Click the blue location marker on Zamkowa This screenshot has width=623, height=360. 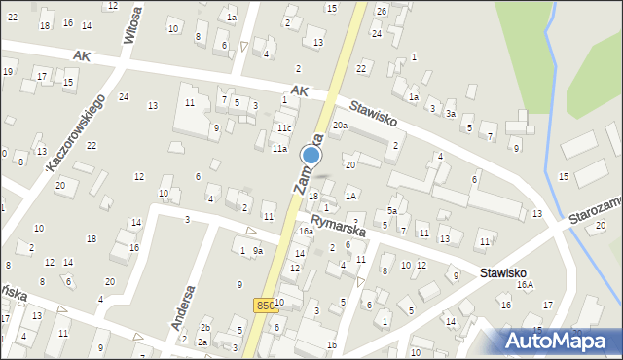[x=311, y=155]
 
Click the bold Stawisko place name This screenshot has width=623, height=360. [x=503, y=274]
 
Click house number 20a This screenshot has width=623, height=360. [x=340, y=126]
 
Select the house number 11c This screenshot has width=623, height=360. [x=283, y=128]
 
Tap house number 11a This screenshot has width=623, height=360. [x=279, y=149]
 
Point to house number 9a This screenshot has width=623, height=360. [x=258, y=251]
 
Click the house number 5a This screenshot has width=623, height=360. [x=392, y=210]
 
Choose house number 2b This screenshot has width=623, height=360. [x=204, y=328]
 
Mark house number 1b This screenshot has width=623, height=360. [x=332, y=345]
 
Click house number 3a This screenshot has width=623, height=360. [x=451, y=114]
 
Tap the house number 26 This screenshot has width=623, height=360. [x=382, y=11]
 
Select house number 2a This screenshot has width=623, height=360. [x=202, y=342]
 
